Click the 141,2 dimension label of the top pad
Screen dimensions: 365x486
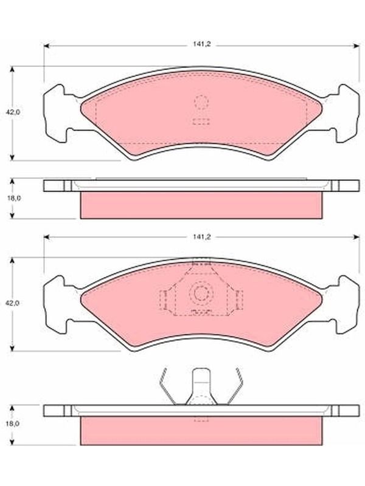click(202, 44)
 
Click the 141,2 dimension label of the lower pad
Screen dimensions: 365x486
click(202, 237)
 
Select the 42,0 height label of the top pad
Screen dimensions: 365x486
click(13, 112)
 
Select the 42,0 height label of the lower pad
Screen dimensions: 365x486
click(13, 303)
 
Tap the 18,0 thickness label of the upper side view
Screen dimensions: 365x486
click(14, 199)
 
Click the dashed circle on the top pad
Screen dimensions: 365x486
click(201, 102)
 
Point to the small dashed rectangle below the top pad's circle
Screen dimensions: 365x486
click(201, 122)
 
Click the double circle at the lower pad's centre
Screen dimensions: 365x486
click(201, 293)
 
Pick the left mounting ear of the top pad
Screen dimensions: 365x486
click(57, 114)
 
